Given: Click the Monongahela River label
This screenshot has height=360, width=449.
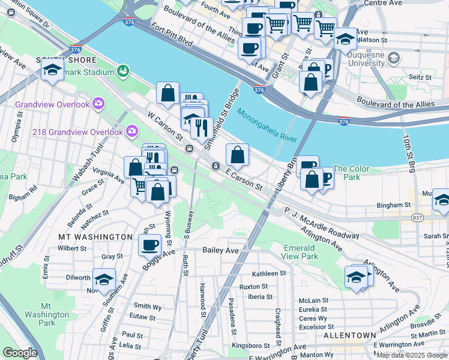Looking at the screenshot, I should [x=267, y=125].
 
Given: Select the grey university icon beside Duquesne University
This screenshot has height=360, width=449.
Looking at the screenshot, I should [x=394, y=58].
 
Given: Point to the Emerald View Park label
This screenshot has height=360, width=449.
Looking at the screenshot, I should [x=300, y=252].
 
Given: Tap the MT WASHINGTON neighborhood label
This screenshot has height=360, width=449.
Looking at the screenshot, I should [x=95, y=237].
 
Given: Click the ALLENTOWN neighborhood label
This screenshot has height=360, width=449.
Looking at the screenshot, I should [x=349, y=335].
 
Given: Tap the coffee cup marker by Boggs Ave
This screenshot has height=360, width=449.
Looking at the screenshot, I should [x=150, y=244].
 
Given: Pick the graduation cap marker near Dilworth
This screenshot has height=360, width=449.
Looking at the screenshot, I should [x=104, y=279].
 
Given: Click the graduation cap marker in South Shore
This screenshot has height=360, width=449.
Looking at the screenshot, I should [x=53, y=70].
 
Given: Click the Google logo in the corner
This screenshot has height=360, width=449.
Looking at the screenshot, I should [x=20, y=353].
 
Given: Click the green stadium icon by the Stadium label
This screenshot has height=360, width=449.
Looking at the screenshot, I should [x=124, y=71].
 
